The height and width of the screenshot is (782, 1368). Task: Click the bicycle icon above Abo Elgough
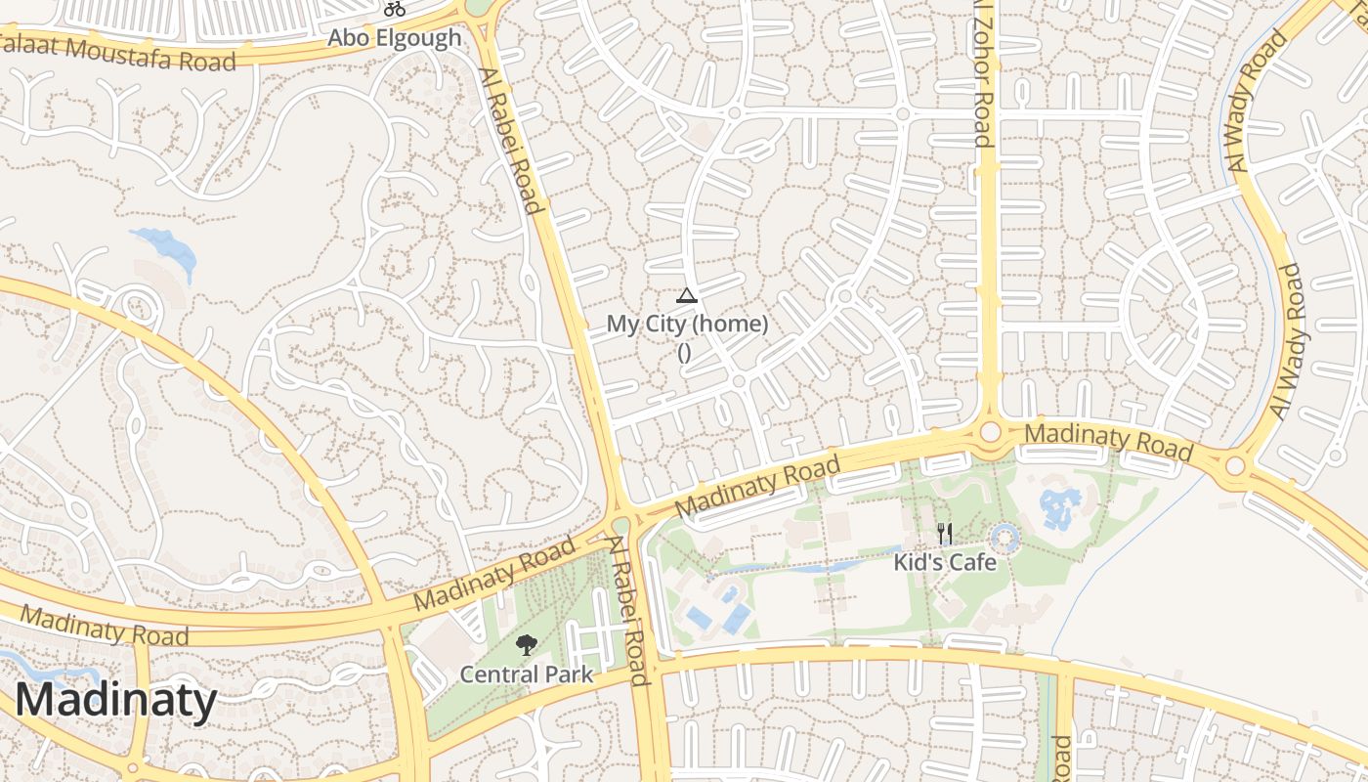[x=395, y=10]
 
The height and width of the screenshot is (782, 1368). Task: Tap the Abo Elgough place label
[x=394, y=38]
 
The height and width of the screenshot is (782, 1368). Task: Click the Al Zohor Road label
[x=983, y=73]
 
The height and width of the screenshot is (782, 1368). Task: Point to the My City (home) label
[x=687, y=324]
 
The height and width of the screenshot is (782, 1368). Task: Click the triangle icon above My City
[x=687, y=296]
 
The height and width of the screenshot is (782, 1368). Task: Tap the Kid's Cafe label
[x=945, y=562]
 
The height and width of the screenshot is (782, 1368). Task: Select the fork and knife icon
[x=944, y=534]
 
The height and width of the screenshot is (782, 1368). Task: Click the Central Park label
[x=526, y=673]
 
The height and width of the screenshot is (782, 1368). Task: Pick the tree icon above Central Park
[x=526, y=645]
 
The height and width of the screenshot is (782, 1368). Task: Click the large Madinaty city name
[x=115, y=701]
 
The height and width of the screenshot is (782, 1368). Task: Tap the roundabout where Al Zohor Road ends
[x=991, y=432]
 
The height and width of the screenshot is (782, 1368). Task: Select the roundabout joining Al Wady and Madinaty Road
[x=1235, y=465]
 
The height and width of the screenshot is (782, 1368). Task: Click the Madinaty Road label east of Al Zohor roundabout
[x=1109, y=441]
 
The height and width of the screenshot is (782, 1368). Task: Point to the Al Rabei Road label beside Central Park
[x=626, y=610]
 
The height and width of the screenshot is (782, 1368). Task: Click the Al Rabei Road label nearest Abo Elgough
[x=510, y=140]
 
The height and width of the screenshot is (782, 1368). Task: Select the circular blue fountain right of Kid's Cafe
[x=1005, y=538]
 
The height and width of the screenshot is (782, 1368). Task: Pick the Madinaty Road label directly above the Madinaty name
[x=104, y=627]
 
